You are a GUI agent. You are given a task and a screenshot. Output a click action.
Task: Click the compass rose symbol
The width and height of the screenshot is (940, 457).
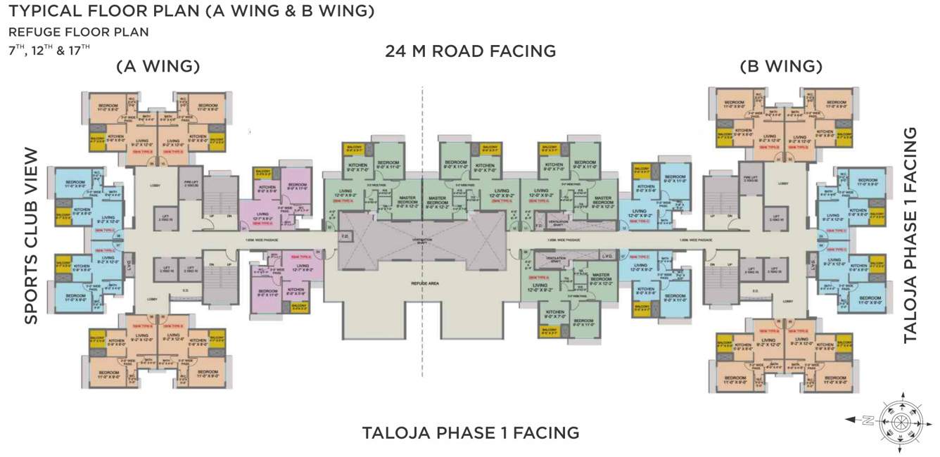[x=901, y=420]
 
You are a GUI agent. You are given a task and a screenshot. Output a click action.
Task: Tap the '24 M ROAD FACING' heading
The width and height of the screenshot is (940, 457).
[x=470, y=51]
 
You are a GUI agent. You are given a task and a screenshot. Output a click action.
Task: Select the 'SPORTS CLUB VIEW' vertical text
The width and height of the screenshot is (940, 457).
[x=31, y=236]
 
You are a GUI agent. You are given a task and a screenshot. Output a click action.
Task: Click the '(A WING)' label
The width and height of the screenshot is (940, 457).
[x=158, y=67]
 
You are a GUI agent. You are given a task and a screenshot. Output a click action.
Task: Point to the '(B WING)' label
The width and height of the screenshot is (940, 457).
[x=781, y=67]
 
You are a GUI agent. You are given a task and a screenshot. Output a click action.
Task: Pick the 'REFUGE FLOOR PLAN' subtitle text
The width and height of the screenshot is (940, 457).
[x=78, y=32]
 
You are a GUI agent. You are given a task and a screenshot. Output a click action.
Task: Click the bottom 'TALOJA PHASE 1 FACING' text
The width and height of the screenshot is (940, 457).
[x=470, y=432]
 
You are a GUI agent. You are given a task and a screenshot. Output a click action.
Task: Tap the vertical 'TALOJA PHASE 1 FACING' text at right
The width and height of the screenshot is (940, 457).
[x=910, y=236]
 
